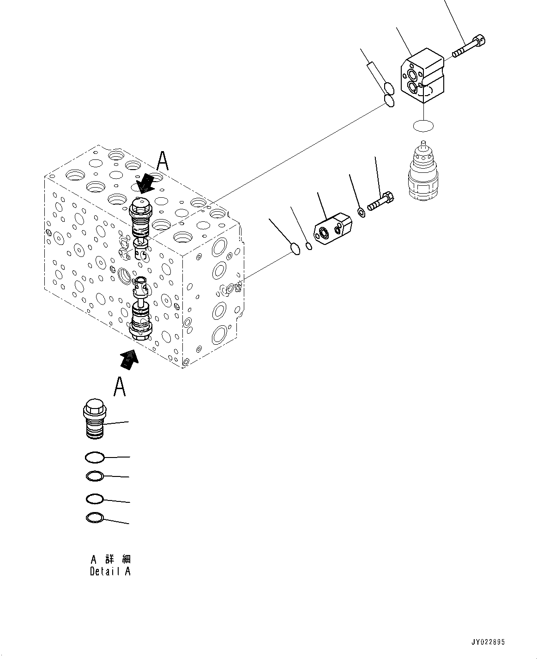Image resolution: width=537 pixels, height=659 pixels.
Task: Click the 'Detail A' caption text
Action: (x=110, y=571)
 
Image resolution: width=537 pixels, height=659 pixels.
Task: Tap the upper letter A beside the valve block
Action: (x=162, y=162)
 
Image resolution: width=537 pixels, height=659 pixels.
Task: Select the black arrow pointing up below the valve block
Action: (x=129, y=358)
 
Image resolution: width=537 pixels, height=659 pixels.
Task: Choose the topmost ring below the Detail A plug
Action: (x=95, y=458)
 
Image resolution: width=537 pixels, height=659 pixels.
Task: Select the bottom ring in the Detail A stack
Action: (x=95, y=518)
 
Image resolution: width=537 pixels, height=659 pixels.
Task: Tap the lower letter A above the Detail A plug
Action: (x=120, y=387)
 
